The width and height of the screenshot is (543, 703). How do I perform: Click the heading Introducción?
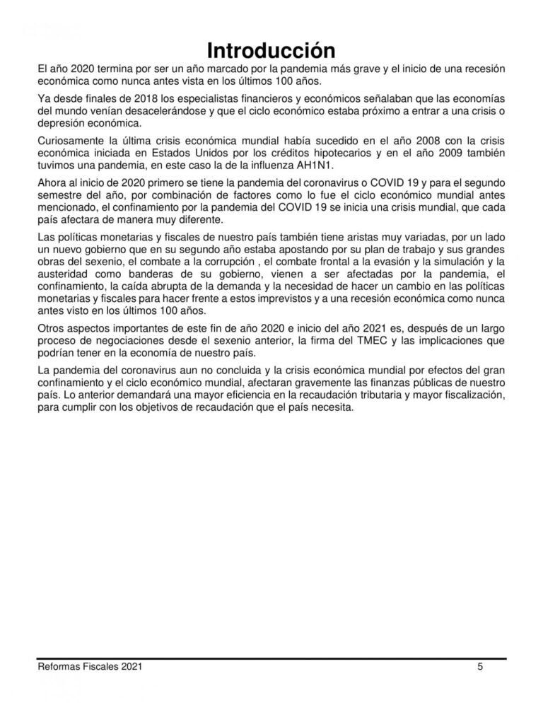pos(271,50)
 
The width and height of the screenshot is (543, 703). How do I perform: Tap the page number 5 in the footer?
pos(480,666)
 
